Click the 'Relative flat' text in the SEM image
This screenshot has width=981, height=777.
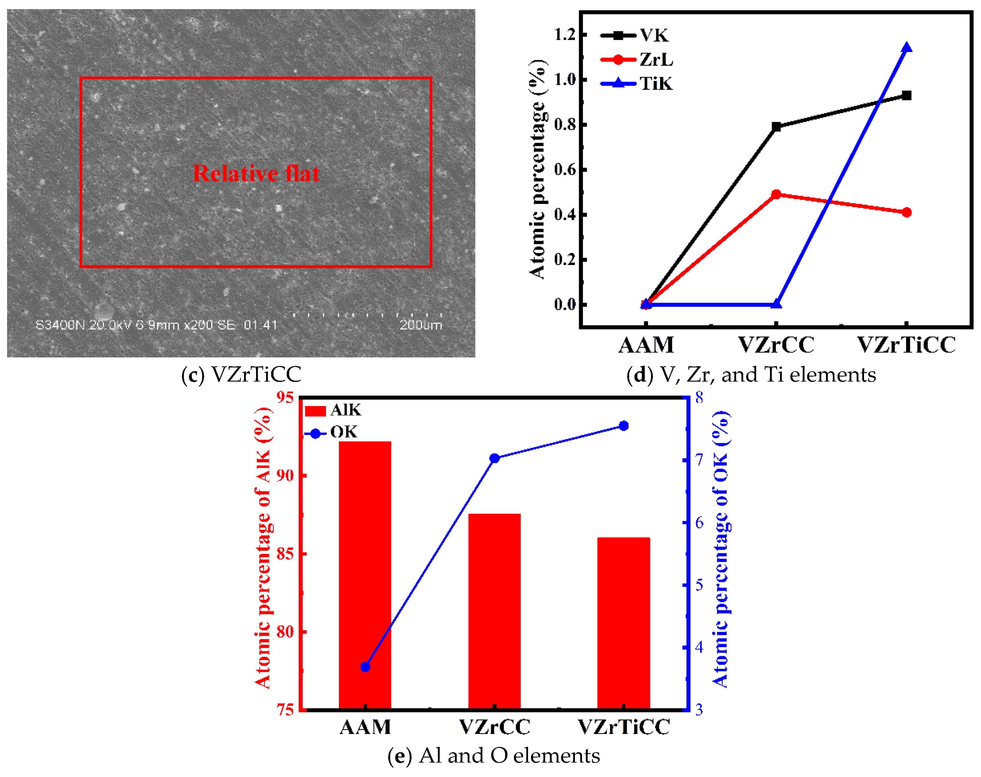point(256,173)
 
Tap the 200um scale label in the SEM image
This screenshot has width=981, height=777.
point(421,325)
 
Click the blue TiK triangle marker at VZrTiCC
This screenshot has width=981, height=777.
point(906,48)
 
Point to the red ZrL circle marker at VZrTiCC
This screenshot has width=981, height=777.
point(906,212)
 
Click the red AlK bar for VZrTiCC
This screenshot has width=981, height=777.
point(623,623)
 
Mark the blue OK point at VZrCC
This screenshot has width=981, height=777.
point(494,458)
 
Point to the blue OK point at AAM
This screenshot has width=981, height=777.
point(365,667)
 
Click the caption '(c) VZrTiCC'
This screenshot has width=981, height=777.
point(241,375)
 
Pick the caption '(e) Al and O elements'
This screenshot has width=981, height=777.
point(494,755)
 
